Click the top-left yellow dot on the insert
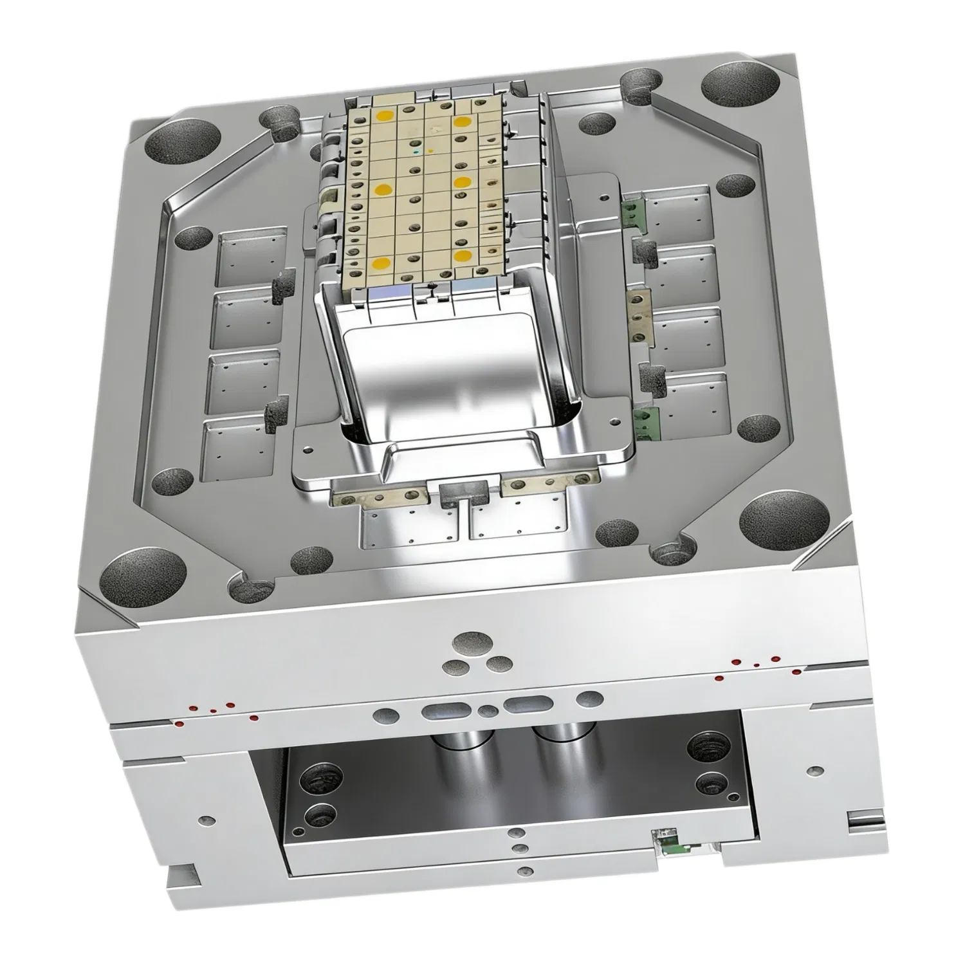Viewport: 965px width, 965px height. [385, 116]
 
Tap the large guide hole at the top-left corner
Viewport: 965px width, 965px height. [183, 139]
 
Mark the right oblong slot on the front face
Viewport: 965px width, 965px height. [528, 704]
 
